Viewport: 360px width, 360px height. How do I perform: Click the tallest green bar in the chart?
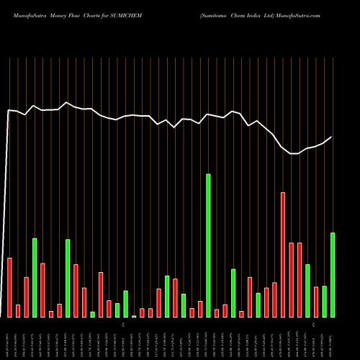point(209,245)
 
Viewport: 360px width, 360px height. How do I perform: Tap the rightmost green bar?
point(333,274)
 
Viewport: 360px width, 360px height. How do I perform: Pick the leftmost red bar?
point(9,287)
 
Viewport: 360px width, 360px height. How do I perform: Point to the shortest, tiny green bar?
point(134,316)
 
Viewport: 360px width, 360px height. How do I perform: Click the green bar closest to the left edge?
point(35,277)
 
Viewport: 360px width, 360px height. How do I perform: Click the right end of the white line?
point(332,137)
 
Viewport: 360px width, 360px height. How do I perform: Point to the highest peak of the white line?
point(67,102)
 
